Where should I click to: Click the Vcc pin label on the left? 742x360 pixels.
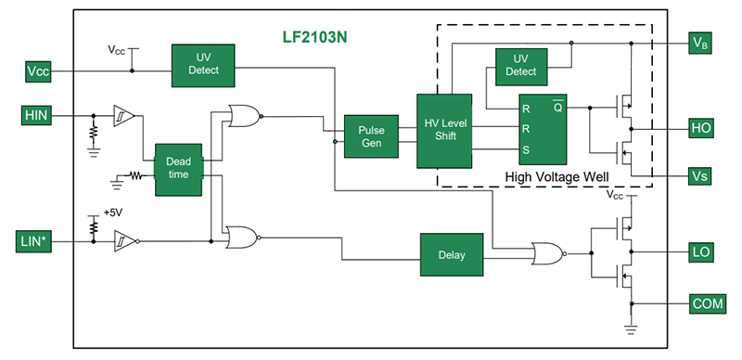click(39, 71)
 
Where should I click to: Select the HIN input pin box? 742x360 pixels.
click(39, 115)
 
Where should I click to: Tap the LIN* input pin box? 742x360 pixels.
click(39, 243)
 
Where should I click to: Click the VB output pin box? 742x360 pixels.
click(701, 42)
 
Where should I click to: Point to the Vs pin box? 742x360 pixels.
click(701, 175)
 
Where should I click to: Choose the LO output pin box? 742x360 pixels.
click(701, 251)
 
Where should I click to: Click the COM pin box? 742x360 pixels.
click(701, 303)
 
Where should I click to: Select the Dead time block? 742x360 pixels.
click(178, 169)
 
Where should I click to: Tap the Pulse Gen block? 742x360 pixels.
click(370, 135)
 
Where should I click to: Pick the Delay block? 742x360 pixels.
click(451, 255)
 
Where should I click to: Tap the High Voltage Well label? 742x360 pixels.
click(554, 176)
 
